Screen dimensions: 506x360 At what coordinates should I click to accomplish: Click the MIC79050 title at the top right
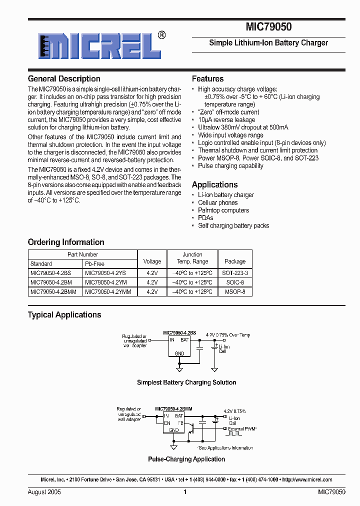(268, 27)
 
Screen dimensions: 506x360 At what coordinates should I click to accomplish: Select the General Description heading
(64, 78)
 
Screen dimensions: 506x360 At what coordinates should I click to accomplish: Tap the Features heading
(207, 78)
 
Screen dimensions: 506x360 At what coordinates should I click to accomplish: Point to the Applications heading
(214, 184)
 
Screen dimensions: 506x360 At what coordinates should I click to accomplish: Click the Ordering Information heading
(66, 242)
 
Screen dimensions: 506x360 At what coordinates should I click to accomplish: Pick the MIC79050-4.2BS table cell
(51, 273)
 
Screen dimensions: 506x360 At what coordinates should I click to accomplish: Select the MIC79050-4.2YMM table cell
(108, 291)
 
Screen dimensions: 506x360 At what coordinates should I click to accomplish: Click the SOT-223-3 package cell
(235, 273)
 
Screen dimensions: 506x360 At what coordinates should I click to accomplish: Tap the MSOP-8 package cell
(235, 291)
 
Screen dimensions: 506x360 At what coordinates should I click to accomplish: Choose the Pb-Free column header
(94, 263)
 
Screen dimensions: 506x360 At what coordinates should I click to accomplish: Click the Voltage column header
(152, 261)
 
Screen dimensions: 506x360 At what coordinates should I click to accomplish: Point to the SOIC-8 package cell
(235, 282)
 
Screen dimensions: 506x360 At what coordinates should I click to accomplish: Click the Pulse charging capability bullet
(230, 166)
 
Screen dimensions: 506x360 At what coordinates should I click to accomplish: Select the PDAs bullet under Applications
(205, 218)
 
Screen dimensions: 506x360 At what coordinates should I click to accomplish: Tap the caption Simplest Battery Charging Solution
(186, 382)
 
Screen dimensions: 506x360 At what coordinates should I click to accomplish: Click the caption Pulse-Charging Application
(186, 459)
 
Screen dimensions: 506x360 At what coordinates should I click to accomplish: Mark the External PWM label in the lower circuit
(242, 428)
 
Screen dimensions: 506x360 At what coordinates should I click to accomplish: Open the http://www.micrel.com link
(307, 479)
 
